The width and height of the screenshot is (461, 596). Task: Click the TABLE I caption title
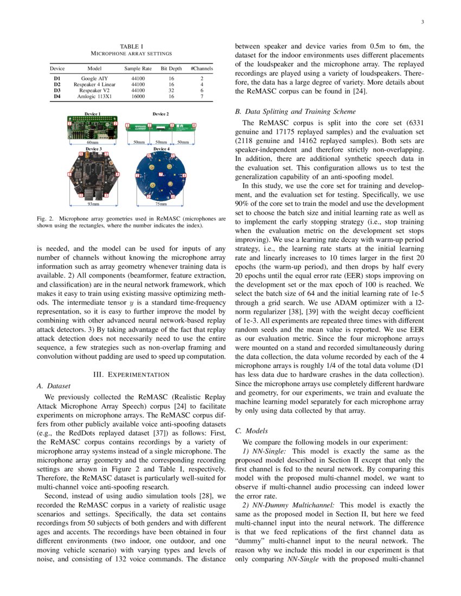(131, 47)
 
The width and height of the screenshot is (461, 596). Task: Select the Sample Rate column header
(138, 69)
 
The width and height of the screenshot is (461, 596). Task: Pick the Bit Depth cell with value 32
(171, 90)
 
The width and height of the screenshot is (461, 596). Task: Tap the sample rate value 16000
(138, 96)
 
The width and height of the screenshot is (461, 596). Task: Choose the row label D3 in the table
(57, 90)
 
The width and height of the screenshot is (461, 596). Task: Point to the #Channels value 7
(202, 96)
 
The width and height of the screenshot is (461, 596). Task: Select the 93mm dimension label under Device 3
(93, 204)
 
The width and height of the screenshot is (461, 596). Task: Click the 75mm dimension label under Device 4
(161, 204)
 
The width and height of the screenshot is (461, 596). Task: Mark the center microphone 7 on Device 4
(161, 174)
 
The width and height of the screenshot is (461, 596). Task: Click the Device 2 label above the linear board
(161, 114)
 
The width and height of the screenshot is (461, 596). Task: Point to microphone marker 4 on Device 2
(194, 126)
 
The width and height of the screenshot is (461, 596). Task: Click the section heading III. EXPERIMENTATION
(131, 374)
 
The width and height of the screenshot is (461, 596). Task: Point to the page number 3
(421, 22)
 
